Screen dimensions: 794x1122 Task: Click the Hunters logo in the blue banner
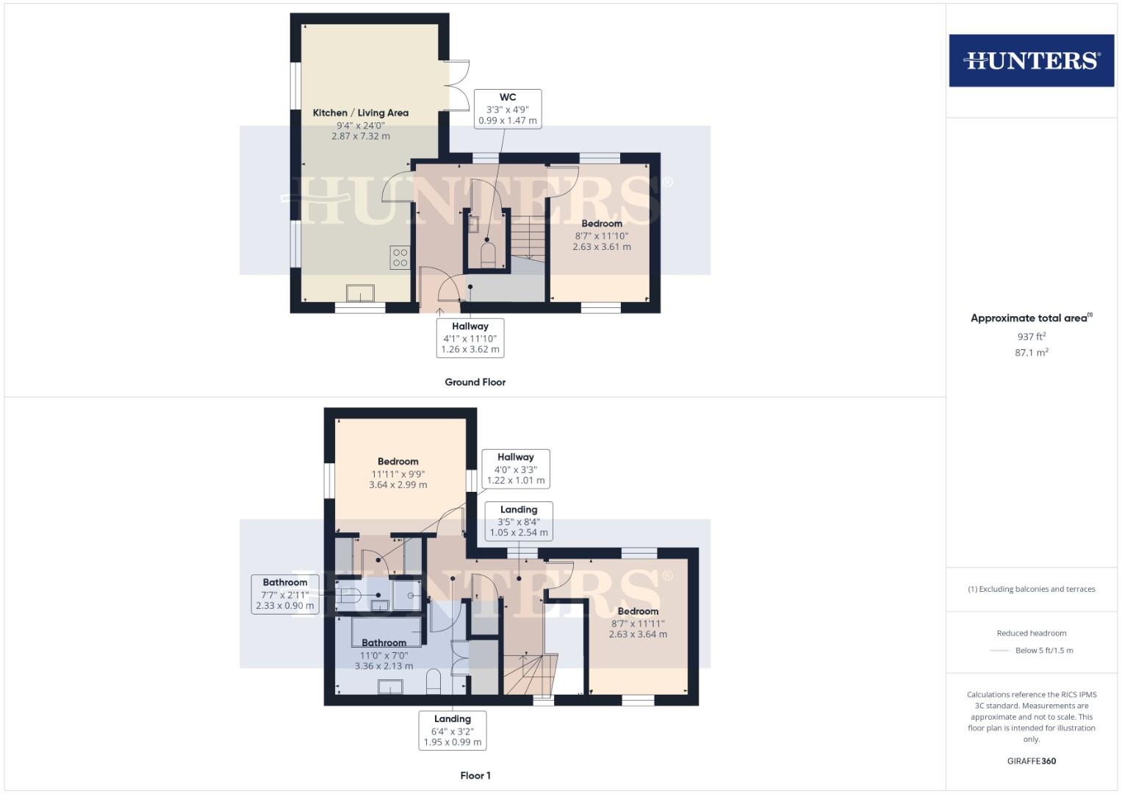[x=1031, y=60]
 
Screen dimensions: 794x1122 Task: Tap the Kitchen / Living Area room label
[x=360, y=112]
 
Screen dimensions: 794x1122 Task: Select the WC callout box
[x=508, y=109]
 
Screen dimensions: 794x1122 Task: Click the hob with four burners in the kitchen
[x=400, y=257]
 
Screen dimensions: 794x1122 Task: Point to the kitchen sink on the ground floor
[x=360, y=293]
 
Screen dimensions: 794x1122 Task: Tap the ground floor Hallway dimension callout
[x=470, y=337]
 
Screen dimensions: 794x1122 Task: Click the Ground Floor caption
[x=475, y=382]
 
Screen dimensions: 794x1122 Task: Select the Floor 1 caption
[x=475, y=776]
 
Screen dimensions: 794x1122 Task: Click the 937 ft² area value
[x=1031, y=337]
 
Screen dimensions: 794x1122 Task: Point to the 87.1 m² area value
[x=1031, y=353]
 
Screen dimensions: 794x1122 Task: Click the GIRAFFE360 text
[x=1031, y=761]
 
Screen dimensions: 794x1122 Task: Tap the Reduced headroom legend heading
[x=1031, y=633]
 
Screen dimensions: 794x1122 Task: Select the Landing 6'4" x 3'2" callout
[x=453, y=730]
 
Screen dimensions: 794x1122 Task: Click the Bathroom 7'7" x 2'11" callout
[x=285, y=594]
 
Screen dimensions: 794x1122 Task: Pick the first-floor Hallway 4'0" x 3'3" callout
[x=516, y=468]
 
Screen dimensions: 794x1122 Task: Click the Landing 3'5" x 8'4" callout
[x=519, y=521]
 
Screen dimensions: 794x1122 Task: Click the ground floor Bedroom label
[x=602, y=223]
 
